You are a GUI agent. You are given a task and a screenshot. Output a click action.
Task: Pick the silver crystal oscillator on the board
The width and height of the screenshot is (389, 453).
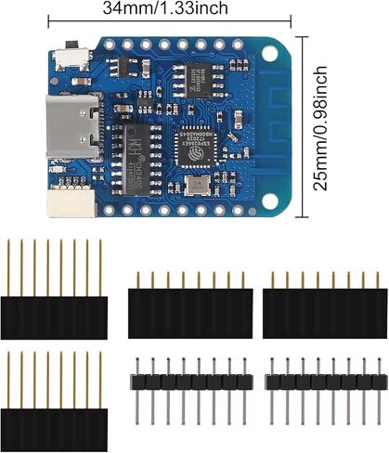[198, 185]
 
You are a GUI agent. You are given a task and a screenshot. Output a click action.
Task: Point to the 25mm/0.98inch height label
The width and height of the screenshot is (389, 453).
[320, 127]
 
